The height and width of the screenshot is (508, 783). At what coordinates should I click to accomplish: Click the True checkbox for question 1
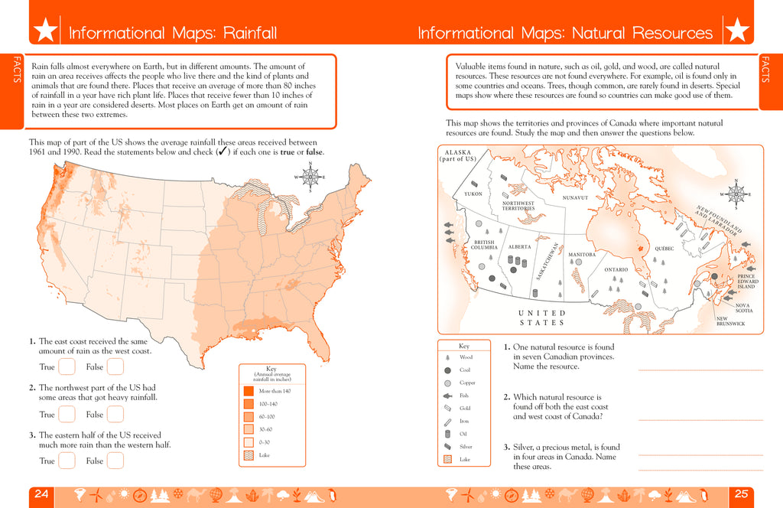coord(67,367)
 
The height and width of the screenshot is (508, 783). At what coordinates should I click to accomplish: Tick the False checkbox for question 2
coord(115,414)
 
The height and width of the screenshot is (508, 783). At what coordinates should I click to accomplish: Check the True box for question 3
coord(67,461)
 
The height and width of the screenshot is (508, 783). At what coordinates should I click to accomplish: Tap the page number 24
coord(42,494)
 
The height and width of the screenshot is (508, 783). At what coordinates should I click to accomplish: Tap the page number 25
coord(741,494)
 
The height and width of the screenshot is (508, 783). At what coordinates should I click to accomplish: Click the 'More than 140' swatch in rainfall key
coord(249,391)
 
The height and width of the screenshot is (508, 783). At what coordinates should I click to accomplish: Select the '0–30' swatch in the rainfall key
coord(249,442)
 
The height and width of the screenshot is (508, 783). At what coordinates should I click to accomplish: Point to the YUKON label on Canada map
coord(473,194)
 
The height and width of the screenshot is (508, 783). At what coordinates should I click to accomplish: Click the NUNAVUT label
coord(574,197)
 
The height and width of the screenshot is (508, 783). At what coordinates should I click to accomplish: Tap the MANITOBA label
coord(582,254)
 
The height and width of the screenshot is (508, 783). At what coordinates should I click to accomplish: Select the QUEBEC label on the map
coord(664,249)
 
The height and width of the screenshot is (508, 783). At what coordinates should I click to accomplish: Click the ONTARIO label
coord(616,269)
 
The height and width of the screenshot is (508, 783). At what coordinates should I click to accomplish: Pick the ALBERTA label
coord(519,247)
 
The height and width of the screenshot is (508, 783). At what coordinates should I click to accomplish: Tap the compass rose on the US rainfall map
coord(310,177)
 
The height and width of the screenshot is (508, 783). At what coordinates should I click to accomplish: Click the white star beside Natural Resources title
coord(737,31)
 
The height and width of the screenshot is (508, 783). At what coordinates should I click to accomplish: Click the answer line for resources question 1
coord(700,370)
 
